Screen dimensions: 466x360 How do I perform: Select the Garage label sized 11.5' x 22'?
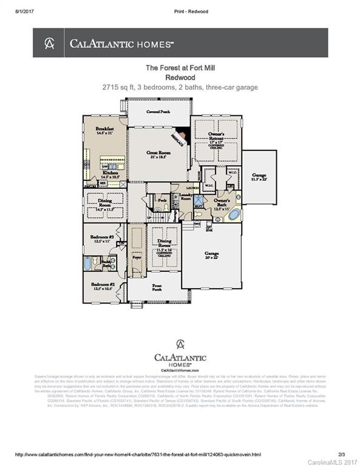click(x=259, y=177)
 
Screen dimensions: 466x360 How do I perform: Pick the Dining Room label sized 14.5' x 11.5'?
click(x=102, y=206)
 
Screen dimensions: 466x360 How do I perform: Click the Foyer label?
click(x=137, y=258)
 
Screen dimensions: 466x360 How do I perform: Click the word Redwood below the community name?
click(x=179, y=78)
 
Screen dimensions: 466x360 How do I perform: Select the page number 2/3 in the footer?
click(x=341, y=454)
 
